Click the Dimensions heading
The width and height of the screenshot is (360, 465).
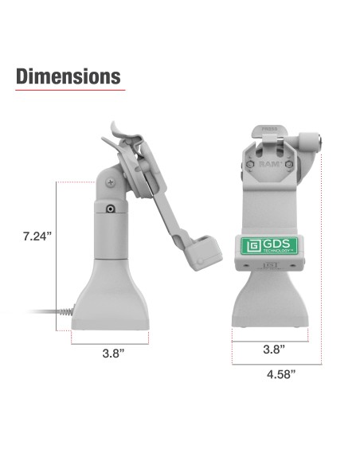(x=68, y=76)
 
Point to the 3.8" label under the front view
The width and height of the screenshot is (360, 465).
(x=272, y=349)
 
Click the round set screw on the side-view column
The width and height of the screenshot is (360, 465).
(x=110, y=209)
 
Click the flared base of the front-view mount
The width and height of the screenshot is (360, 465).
(x=272, y=303)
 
